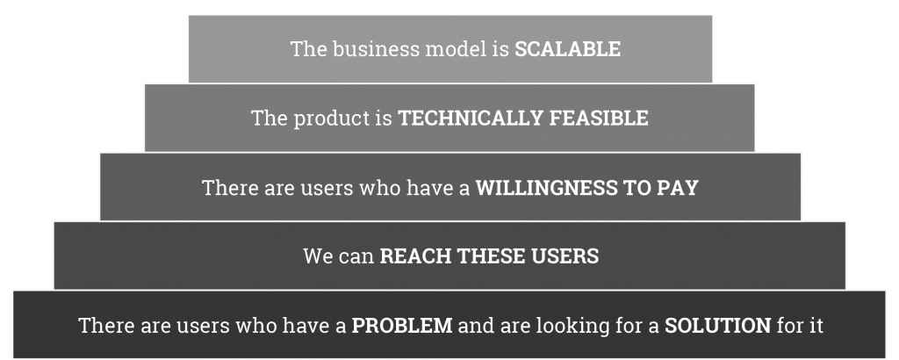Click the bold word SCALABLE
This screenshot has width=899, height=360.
point(567,48)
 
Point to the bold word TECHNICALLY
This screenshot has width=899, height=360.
point(471,118)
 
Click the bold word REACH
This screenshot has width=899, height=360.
point(414,256)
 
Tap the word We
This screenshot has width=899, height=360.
point(318,256)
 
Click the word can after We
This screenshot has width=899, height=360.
point(356,256)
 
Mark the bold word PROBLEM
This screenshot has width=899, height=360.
point(402,326)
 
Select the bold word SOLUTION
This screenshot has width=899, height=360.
point(718,326)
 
